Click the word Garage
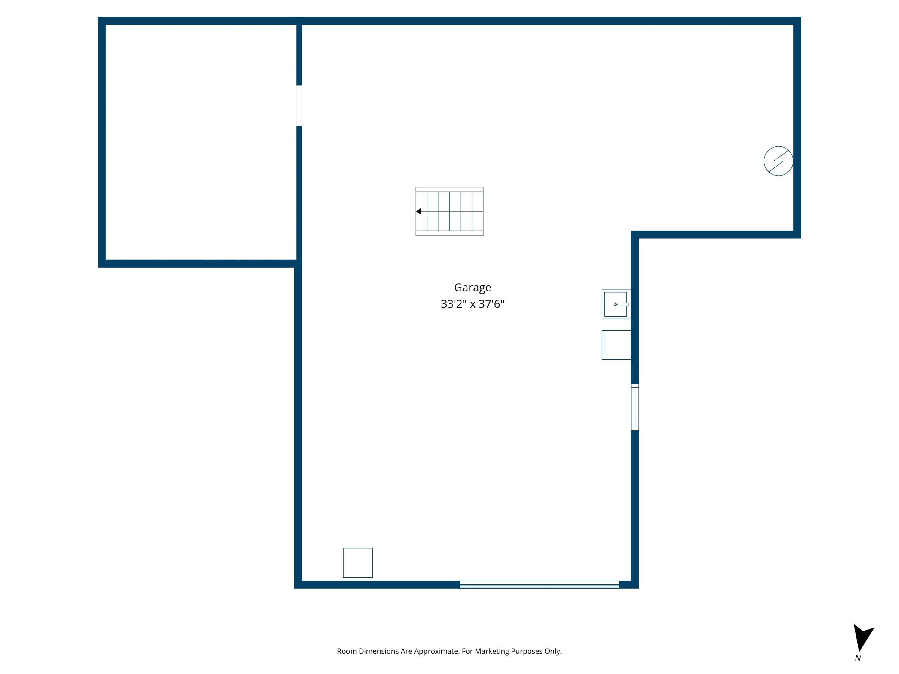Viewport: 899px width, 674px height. coord(472,288)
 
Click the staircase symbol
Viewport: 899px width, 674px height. coord(449,211)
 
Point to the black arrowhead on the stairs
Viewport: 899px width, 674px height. coord(419,211)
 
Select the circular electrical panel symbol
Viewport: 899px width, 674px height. coord(778,161)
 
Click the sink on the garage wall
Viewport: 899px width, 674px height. coord(616,304)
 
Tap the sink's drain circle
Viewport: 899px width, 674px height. coord(615,304)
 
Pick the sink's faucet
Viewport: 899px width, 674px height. coord(625,304)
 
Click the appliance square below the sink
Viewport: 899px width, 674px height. coord(616,345)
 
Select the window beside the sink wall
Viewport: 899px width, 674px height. coord(634,407)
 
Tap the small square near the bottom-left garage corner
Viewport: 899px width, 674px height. coord(358,562)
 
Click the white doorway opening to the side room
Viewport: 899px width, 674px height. coord(299,106)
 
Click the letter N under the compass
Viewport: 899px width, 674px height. coord(858,658)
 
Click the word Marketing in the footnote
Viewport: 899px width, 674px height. coord(492,651)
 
